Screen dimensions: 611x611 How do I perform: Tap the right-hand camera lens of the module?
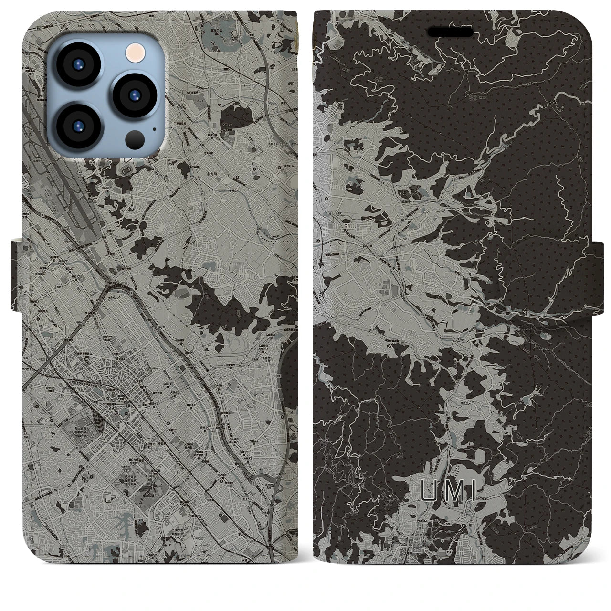point(132,93)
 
